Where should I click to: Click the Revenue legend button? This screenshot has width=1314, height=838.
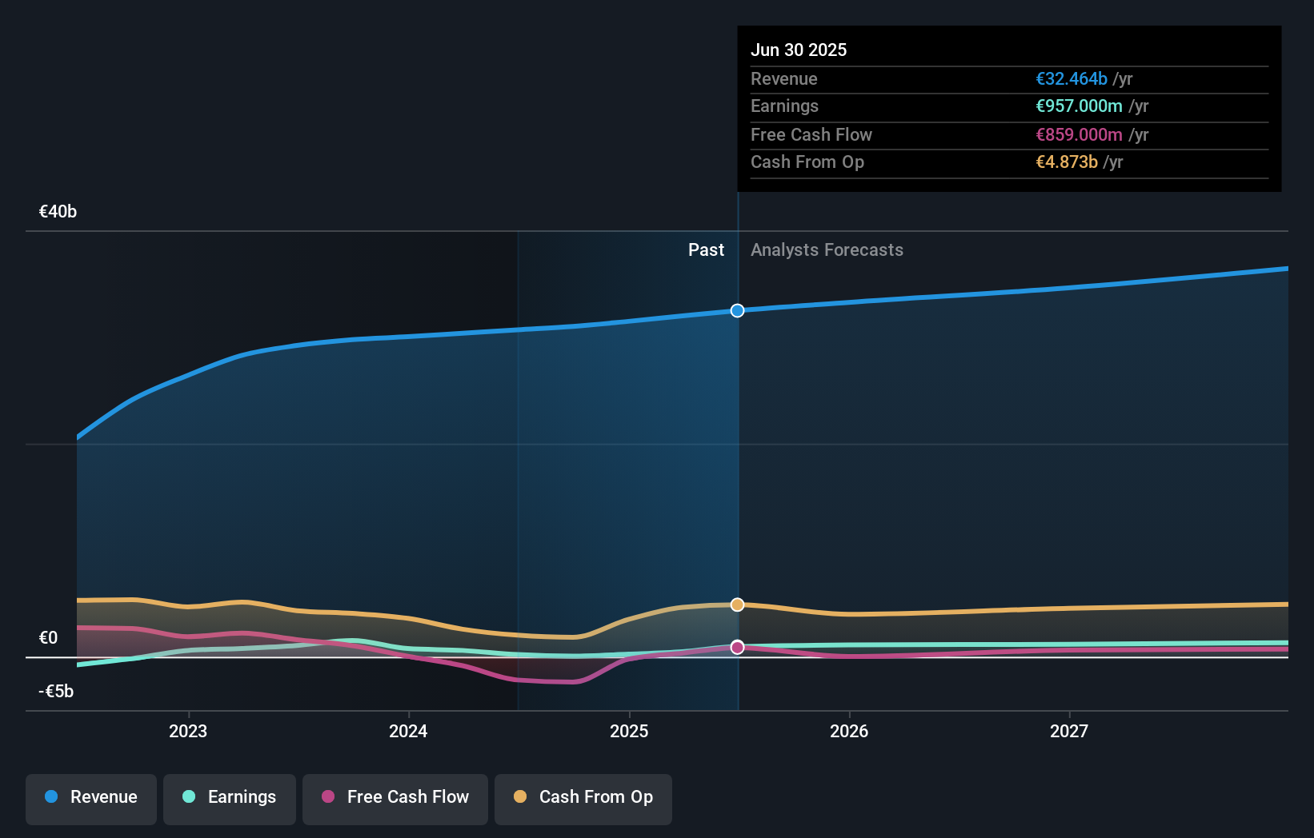coord(91,797)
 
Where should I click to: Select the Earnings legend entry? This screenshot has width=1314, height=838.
coord(230,797)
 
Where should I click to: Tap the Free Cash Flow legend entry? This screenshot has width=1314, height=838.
coord(395,797)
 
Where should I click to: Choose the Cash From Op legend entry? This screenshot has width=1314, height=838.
coord(583,797)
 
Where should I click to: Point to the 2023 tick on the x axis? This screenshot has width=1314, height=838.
coord(188,731)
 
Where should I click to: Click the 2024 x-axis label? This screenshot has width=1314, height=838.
coord(408,731)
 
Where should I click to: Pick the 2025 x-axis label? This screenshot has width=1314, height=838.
coord(629,731)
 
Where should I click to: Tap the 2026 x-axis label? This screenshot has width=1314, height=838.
coord(849,731)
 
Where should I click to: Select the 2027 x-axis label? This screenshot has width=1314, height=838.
coord(1069,731)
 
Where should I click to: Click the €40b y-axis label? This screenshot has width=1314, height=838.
coord(58,212)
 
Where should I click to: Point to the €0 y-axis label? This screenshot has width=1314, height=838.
coord(49,638)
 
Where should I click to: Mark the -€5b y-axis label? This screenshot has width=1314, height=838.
coord(56,692)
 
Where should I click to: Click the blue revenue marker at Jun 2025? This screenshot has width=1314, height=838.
coord(737,310)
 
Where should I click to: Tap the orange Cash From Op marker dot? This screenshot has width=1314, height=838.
coord(737,605)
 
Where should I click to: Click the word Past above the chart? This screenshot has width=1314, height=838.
coord(706,250)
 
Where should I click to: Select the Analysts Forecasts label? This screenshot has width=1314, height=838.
coord(827,250)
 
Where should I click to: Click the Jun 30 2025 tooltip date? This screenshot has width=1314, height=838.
coord(799,50)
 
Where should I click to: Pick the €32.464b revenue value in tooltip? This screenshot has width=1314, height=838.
coord(1072,79)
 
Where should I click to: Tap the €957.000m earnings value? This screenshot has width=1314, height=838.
coord(1079,106)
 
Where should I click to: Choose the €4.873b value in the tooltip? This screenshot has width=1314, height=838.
coord(1067,162)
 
